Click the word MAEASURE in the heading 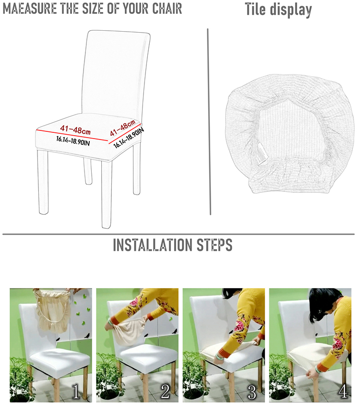[30, 8]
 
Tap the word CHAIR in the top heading [167, 8]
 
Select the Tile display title [278, 10]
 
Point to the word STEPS [215, 245]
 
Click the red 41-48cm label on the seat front [75, 129]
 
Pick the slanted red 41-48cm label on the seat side [122, 128]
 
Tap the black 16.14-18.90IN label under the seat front [73, 141]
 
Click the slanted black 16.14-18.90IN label [129, 138]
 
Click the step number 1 [75, 392]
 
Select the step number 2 [165, 392]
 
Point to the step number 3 [252, 392]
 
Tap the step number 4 [343, 392]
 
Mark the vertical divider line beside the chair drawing [209, 122]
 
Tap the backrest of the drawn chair [116, 73]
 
